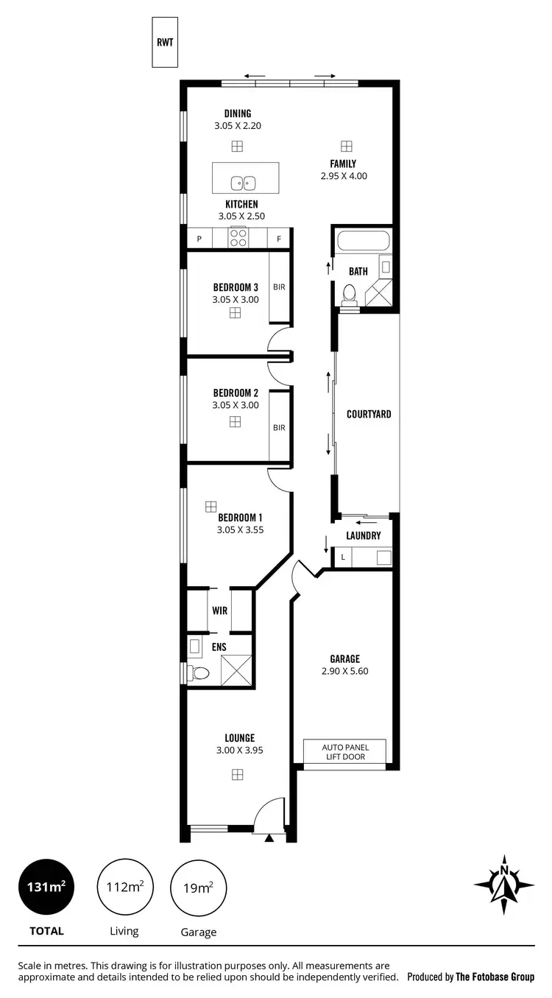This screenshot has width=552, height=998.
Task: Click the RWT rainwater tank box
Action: [x=165, y=42]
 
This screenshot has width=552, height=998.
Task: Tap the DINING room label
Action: [x=238, y=113]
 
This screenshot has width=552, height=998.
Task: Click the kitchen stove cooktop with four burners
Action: [x=238, y=237]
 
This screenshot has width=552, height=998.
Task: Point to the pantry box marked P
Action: [x=199, y=239]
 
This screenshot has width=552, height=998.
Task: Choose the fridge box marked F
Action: [x=279, y=239]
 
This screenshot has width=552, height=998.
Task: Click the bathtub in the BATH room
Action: [x=362, y=242]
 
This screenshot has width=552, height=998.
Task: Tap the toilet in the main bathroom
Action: [x=350, y=295]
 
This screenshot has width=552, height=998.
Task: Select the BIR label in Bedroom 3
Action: [x=279, y=287]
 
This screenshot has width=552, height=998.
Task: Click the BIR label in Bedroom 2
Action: [x=279, y=427]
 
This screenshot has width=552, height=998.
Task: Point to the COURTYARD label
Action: [x=369, y=414]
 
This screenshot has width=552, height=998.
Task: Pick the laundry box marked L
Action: [x=343, y=558]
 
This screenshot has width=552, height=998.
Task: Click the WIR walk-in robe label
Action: [x=219, y=611]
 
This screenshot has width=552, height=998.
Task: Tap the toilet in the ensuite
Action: [x=199, y=672]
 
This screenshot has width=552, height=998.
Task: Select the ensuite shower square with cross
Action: [x=236, y=670]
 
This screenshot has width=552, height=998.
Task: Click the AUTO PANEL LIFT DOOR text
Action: [x=344, y=751]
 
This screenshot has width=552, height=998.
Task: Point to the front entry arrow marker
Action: [x=269, y=837]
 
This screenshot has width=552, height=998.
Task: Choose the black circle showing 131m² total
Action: [x=46, y=888]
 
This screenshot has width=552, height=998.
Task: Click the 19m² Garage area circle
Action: [x=199, y=888]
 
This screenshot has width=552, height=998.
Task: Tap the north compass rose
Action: [x=504, y=884]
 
